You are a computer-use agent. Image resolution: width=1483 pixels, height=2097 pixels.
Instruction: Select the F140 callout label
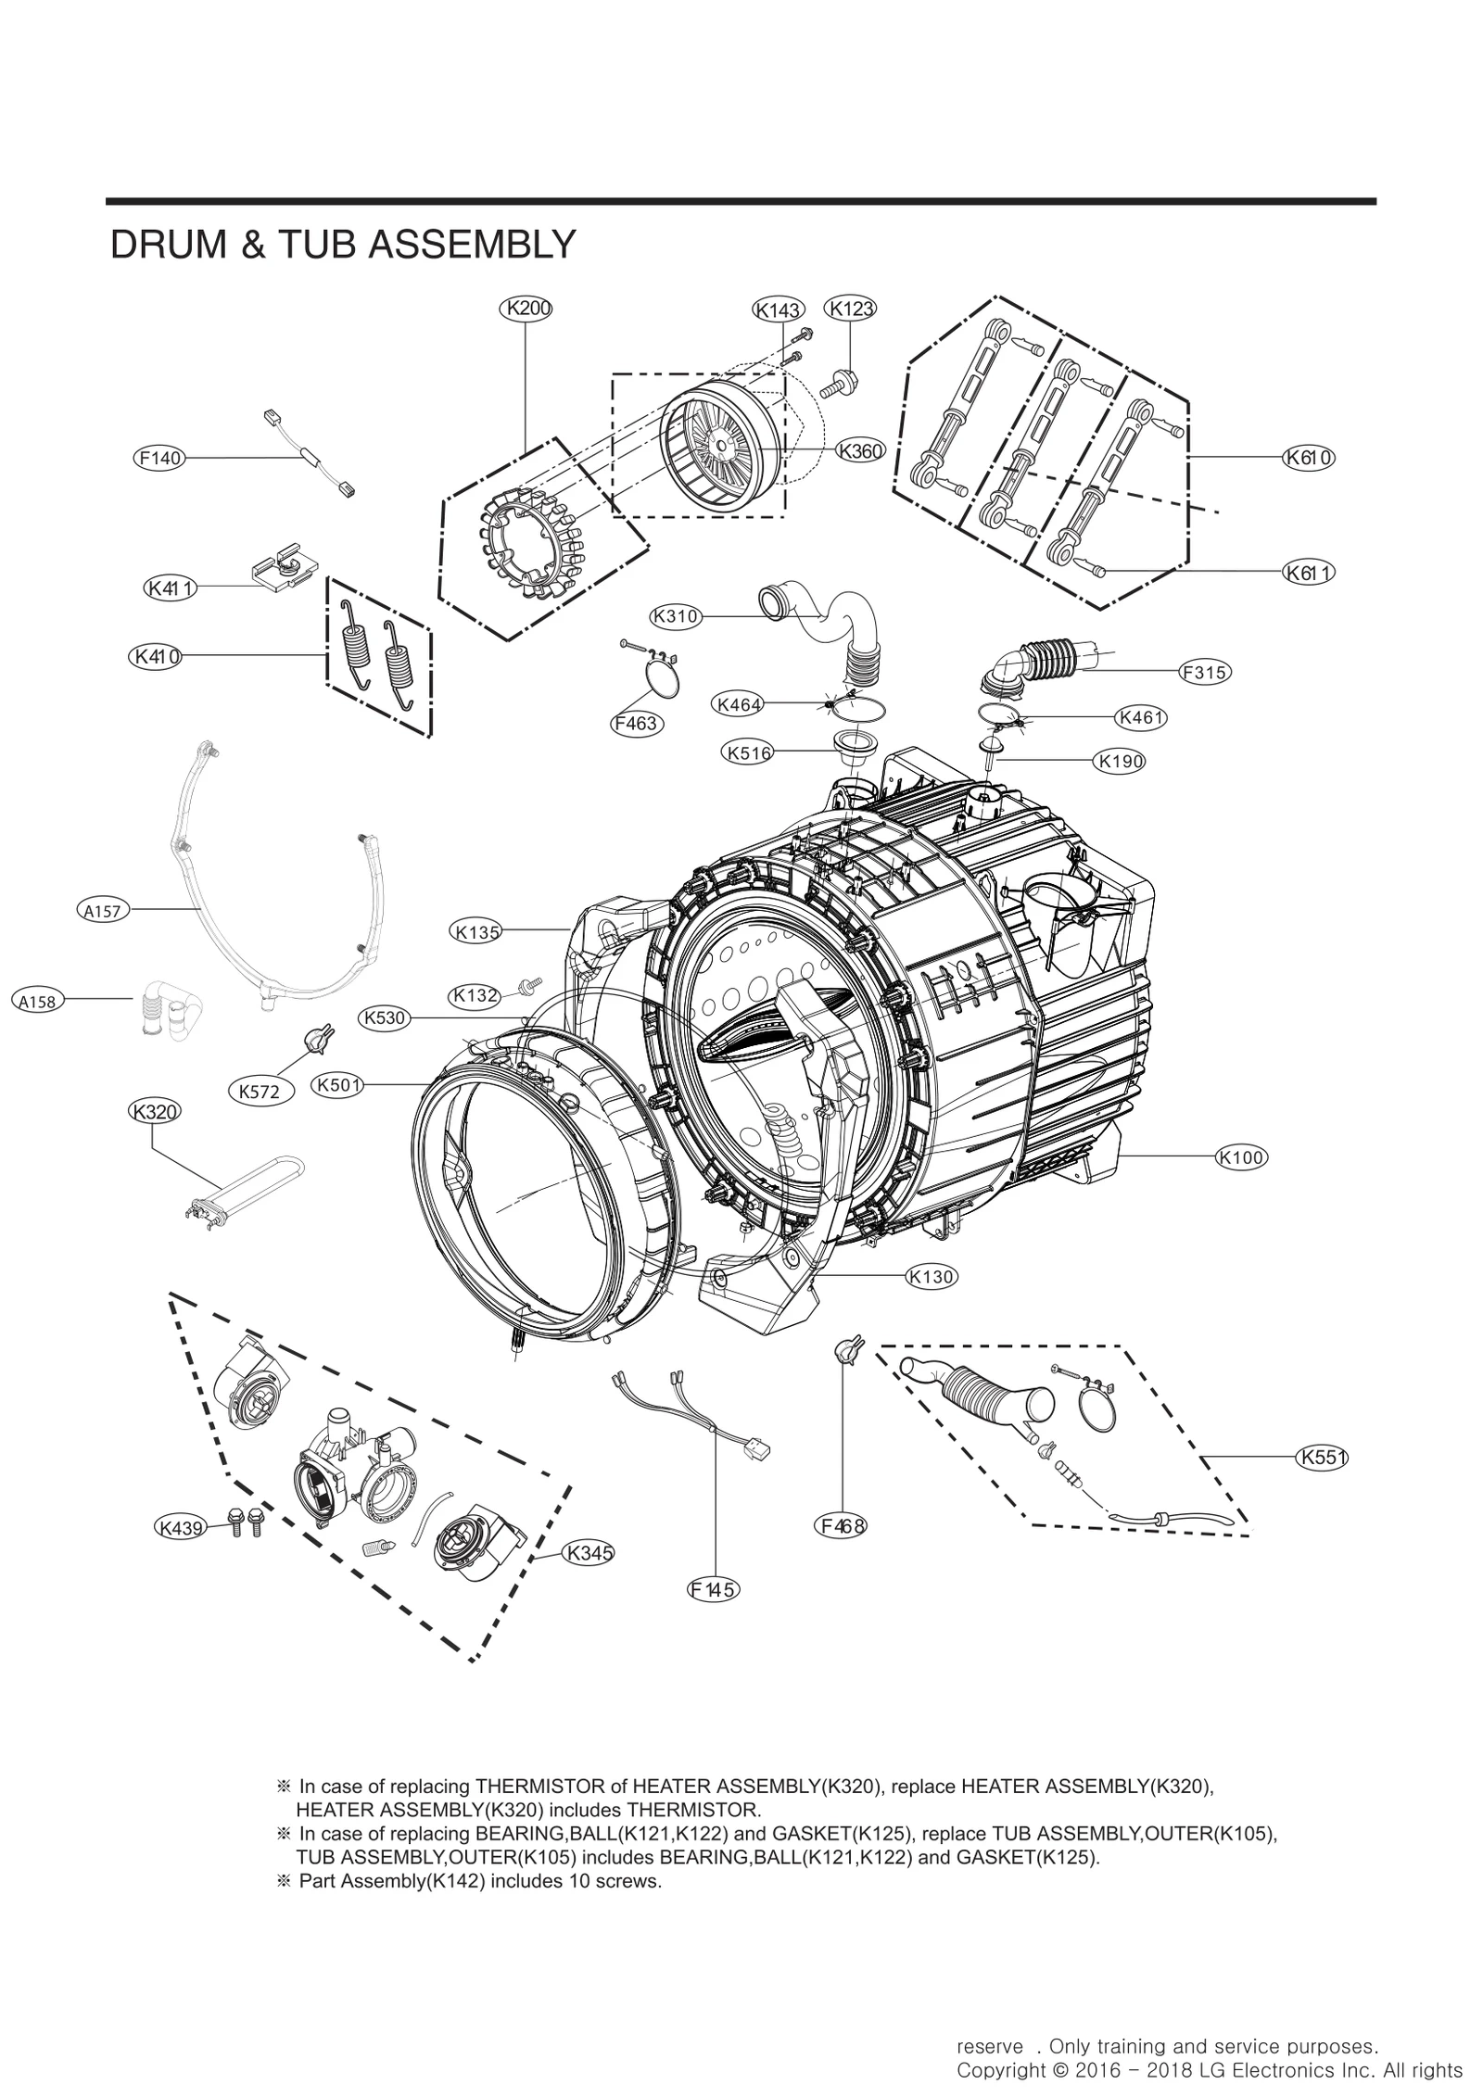click(x=158, y=458)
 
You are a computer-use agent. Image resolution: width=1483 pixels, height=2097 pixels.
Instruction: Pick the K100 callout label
click(x=1241, y=1157)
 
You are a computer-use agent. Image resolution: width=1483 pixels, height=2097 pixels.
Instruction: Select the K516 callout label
click(x=749, y=753)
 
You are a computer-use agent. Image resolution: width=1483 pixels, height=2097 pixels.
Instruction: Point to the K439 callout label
click(x=181, y=1528)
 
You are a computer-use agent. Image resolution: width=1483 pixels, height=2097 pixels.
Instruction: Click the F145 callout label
click(x=714, y=1590)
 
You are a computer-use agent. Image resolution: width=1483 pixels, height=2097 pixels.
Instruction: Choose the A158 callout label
click(x=38, y=1001)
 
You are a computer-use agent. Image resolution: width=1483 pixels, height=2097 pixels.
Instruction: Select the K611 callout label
click(x=1309, y=573)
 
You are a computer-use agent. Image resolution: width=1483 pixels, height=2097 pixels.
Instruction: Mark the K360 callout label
click(x=860, y=451)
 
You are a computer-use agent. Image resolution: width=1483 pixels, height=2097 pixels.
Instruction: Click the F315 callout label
click(x=1205, y=674)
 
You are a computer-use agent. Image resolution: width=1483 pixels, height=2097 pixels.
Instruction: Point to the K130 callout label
click(x=932, y=1277)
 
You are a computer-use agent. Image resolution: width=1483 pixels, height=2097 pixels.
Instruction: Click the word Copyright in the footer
click(x=999, y=2070)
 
